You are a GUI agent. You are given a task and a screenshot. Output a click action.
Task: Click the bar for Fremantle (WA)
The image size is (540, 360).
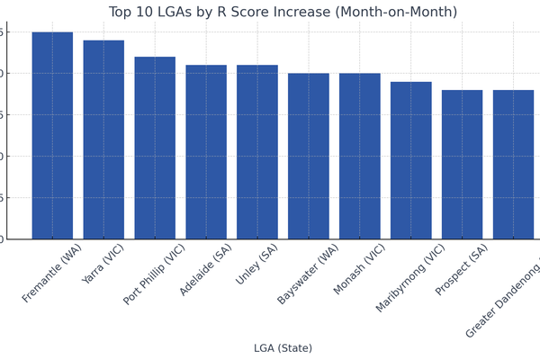click(52, 135)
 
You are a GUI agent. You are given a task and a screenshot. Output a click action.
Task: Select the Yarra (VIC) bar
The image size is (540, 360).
click(103, 139)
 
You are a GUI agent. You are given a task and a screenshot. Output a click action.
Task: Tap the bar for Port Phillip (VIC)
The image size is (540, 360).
click(155, 148)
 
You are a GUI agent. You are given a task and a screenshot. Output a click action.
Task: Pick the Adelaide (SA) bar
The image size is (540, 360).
click(206, 152)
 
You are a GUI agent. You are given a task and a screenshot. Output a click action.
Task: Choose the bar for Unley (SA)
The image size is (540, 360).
click(257, 152)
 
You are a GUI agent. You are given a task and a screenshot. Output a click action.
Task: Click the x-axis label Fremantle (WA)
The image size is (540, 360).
click(52, 273)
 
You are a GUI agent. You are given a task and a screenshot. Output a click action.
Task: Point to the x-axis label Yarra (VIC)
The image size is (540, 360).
click(103, 265)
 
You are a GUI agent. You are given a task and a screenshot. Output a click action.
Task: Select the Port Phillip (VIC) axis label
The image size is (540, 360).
click(154, 274)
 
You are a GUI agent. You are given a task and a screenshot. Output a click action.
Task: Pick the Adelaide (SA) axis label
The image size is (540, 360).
click(206, 269)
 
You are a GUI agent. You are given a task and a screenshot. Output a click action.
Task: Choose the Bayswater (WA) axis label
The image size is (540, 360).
click(309, 274)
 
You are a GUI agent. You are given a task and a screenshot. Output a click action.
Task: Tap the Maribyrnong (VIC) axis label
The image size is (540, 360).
click(410, 277)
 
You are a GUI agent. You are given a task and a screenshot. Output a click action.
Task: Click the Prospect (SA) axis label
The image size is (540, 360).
click(462, 269)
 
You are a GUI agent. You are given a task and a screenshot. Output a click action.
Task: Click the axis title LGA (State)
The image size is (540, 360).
click(283, 348)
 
